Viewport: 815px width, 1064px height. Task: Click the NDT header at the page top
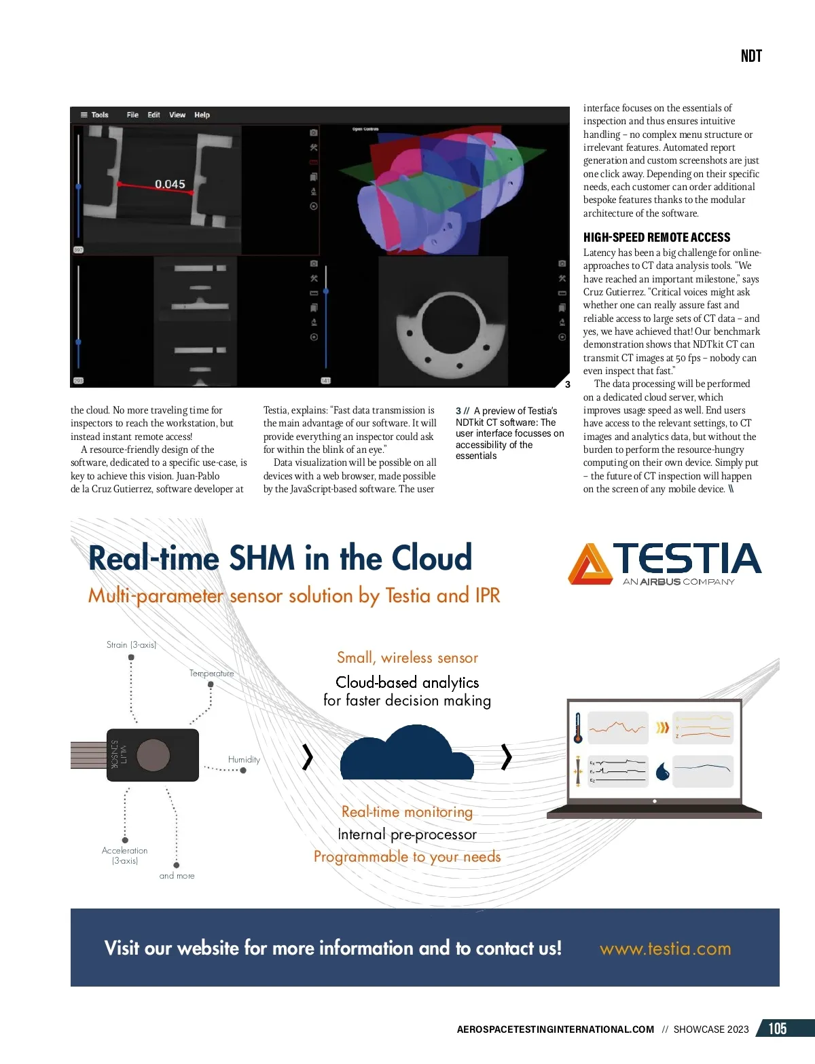pyautogui.click(x=751, y=56)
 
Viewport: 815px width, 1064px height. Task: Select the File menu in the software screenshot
pyautogui.click(x=132, y=115)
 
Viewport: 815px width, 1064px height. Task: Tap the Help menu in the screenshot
pyautogui.click(x=202, y=115)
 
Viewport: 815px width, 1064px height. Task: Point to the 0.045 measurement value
pyautogui.click(x=170, y=184)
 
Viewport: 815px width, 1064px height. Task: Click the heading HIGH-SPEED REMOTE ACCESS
pyautogui.click(x=657, y=237)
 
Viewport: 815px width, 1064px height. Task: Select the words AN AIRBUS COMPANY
pyautogui.click(x=678, y=581)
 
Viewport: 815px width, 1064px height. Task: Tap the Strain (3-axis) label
pyautogui.click(x=131, y=644)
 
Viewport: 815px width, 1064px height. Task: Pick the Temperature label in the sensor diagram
pyautogui.click(x=211, y=673)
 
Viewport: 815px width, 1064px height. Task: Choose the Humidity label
pyautogui.click(x=244, y=759)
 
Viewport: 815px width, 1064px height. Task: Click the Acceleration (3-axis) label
pyautogui.click(x=124, y=855)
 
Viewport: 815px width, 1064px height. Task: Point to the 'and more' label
pyautogui.click(x=177, y=876)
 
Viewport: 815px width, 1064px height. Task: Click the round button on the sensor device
pyautogui.click(x=153, y=755)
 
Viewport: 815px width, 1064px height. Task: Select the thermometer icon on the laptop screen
pyautogui.click(x=578, y=728)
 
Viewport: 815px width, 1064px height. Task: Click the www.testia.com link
pyautogui.click(x=665, y=949)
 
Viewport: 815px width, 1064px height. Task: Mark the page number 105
pyautogui.click(x=778, y=1029)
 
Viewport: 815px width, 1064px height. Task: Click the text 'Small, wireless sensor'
pyautogui.click(x=407, y=657)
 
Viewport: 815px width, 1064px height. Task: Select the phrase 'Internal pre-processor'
pyautogui.click(x=407, y=834)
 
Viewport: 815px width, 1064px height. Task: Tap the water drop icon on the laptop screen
pyautogui.click(x=663, y=771)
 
